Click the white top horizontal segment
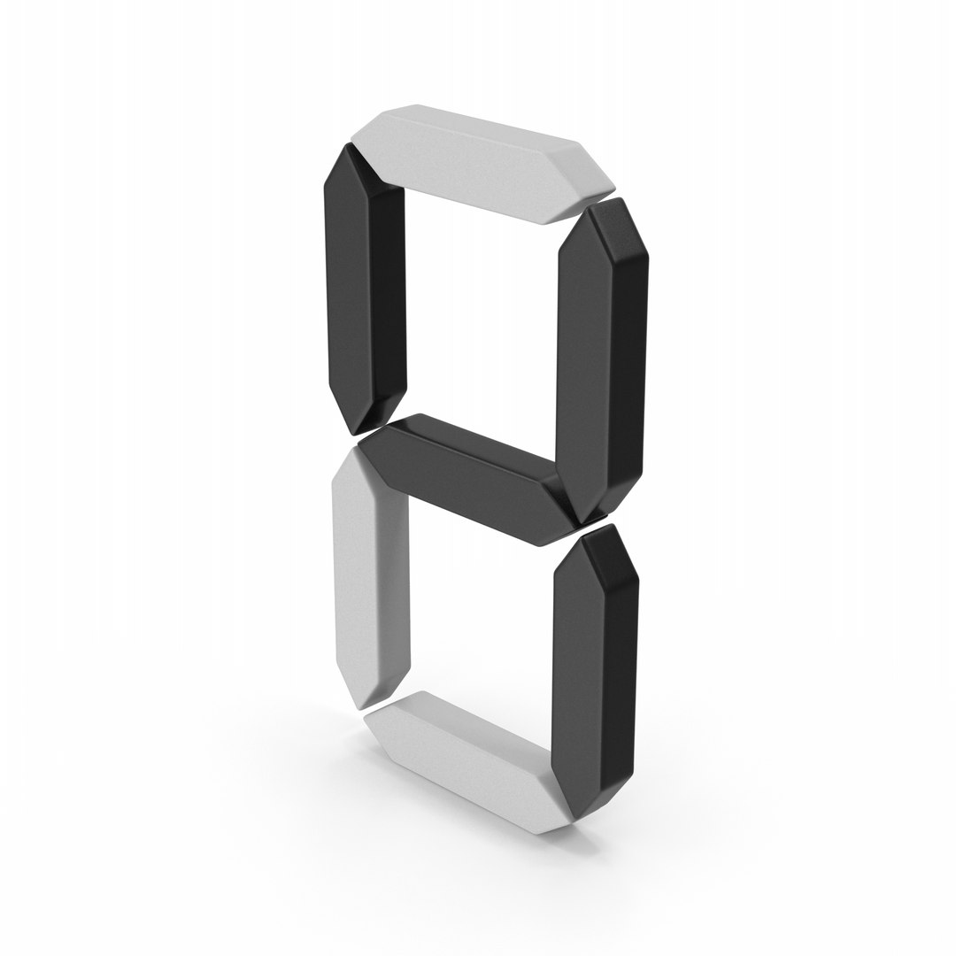tap(482, 159)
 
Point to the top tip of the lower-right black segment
tap(609, 528)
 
